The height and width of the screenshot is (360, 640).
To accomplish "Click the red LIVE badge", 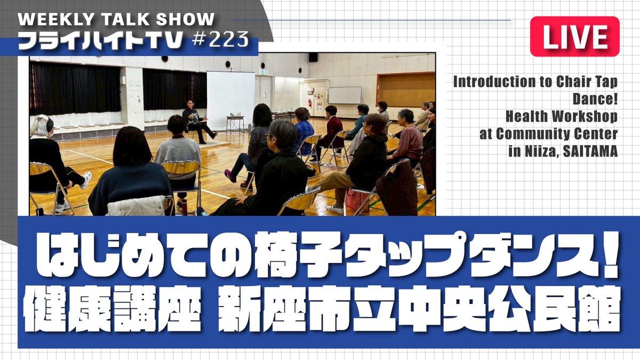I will click(574, 36).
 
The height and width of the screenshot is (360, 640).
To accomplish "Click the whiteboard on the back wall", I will click(344, 95).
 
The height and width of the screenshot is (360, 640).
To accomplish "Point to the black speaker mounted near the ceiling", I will click(313, 57).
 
